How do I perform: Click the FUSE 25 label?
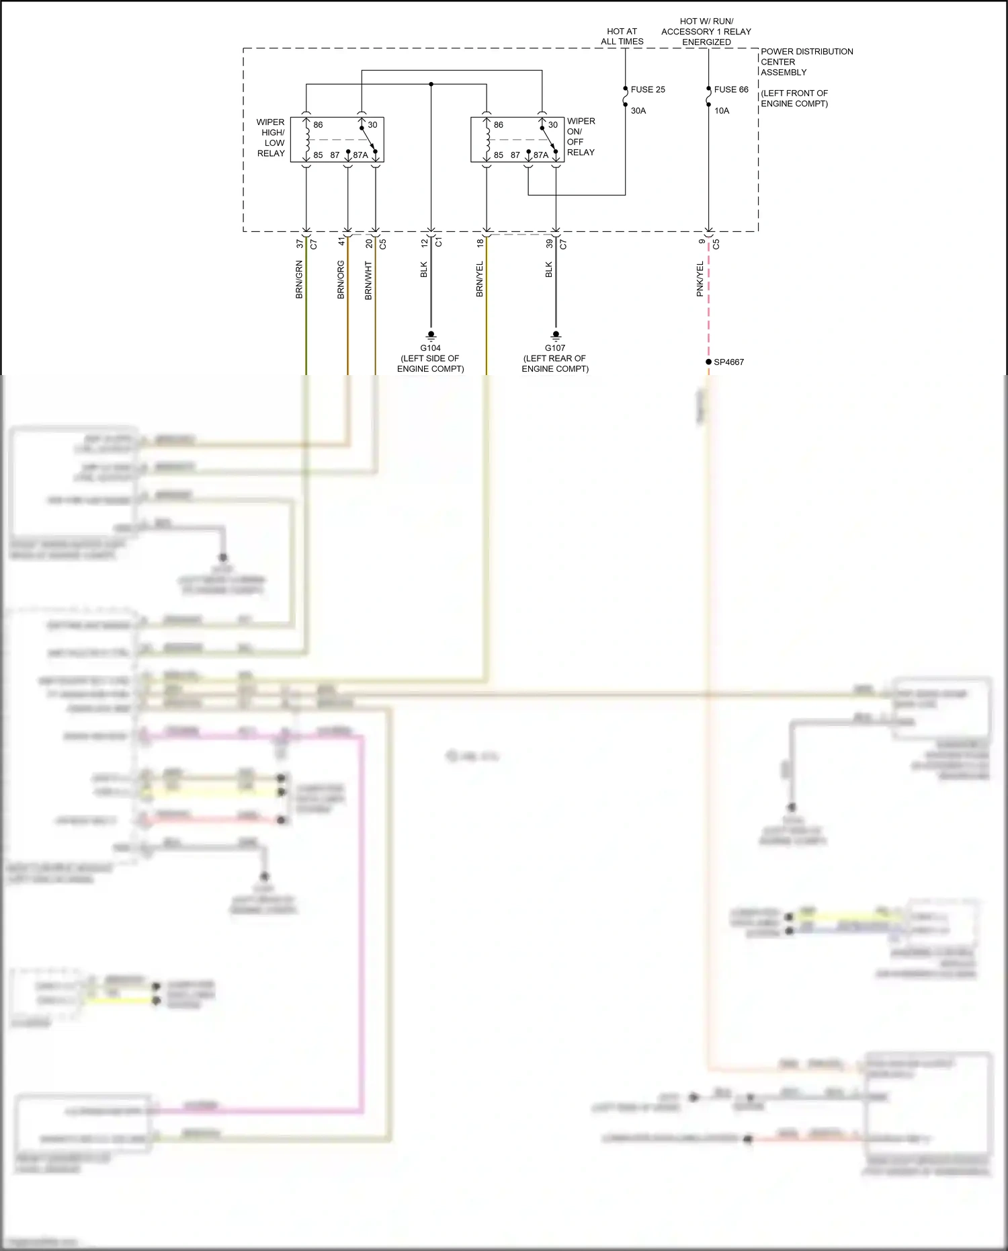pyautogui.click(x=647, y=89)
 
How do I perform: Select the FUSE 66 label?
pyautogui.click(x=730, y=89)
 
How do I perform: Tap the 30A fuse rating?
pyautogui.click(x=638, y=111)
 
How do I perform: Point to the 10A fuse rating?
pyautogui.click(x=721, y=111)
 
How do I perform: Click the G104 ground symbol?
pyautogui.click(x=431, y=334)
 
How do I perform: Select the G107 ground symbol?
pyautogui.click(x=555, y=334)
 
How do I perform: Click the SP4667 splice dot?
pyautogui.click(x=708, y=362)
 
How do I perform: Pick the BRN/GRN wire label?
pyautogui.click(x=299, y=280)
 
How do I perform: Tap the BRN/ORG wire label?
pyautogui.click(x=341, y=280)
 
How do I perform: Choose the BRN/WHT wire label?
pyautogui.click(x=368, y=280)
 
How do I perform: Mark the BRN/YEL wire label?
pyautogui.click(x=480, y=279)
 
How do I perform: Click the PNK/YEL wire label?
pyautogui.click(x=700, y=279)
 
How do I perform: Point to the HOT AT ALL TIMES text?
pyautogui.click(x=622, y=36)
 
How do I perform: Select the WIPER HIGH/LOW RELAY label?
pyautogui.click(x=271, y=138)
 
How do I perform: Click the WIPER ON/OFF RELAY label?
pyautogui.click(x=581, y=136)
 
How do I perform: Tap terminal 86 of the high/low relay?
pyautogui.click(x=318, y=125)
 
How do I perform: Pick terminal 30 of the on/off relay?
pyautogui.click(x=552, y=125)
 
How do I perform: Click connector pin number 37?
pyautogui.click(x=300, y=244)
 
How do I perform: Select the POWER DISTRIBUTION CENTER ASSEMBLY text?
pyautogui.click(x=806, y=62)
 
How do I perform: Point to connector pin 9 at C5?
pyautogui.click(x=702, y=242)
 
